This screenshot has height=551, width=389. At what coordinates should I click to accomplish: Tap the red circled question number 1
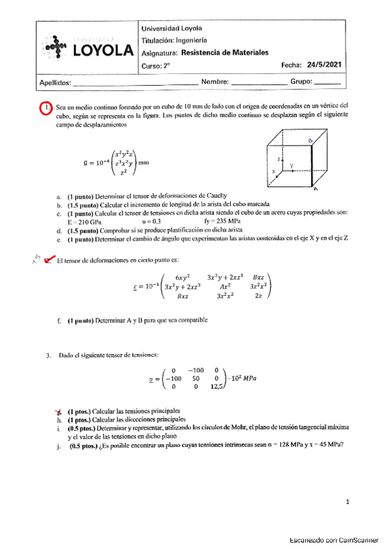[45, 107]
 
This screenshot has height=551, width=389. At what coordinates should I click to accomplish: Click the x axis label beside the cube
[274, 172]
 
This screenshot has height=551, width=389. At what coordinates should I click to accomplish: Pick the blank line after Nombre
[258, 83]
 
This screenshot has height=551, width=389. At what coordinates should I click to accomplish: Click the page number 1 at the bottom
[348, 502]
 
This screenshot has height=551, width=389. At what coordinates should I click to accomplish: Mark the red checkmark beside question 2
[47, 261]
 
